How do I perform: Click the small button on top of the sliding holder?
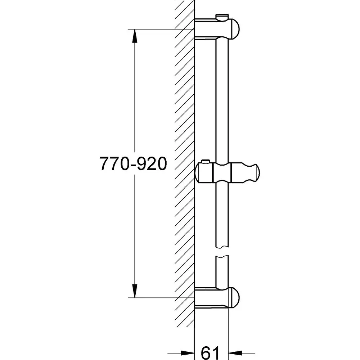(206, 162)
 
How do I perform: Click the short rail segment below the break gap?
(222, 272)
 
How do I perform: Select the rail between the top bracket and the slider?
(222, 101)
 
